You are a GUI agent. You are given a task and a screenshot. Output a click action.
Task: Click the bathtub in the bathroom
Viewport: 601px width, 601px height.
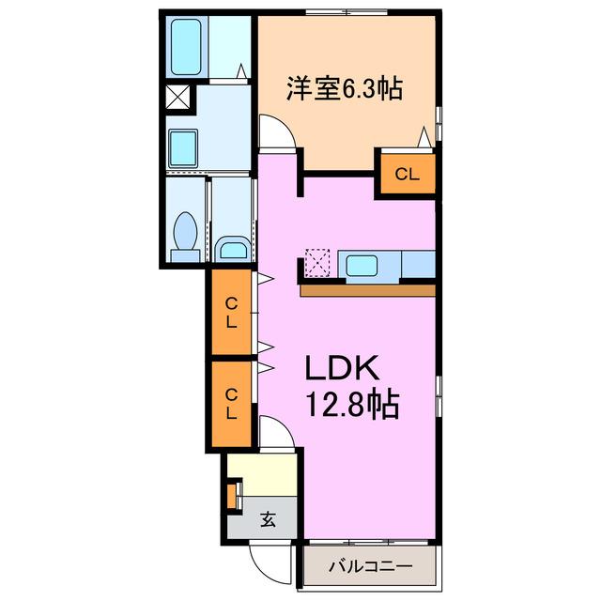click(186, 47)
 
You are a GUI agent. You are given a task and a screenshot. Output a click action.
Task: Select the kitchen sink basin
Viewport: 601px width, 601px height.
click(362, 266)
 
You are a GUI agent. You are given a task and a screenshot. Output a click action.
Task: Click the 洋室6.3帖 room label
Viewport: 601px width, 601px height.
click(345, 89)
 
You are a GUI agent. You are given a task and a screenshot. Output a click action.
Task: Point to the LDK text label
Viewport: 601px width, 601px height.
click(342, 368)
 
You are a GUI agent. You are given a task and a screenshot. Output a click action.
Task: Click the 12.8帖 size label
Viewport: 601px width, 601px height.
click(352, 405)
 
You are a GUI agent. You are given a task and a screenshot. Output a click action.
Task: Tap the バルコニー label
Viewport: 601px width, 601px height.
click(370, 566)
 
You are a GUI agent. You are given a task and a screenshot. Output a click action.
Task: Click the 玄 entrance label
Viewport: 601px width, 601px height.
click(268, 519)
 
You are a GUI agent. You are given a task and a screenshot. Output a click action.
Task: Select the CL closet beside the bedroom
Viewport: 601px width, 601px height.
click(408, 175)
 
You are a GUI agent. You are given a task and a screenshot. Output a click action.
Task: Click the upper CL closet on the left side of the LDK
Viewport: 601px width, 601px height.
click(232, 313)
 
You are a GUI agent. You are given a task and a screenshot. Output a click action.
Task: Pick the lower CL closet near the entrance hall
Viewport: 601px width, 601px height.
click(232, 404)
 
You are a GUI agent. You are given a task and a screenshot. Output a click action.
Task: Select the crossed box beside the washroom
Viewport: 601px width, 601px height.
click(177, 97)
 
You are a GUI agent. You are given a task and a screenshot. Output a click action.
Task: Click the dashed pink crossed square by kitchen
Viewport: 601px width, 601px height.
click(317, 263)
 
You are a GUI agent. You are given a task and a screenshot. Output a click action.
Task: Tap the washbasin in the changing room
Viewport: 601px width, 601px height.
click(183, 147)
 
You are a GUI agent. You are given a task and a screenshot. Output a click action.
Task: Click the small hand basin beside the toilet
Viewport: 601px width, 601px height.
click(233, 249)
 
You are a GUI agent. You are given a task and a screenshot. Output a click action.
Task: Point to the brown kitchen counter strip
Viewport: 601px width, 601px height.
click(368, 290)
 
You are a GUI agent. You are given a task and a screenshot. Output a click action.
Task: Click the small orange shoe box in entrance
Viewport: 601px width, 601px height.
click(232, 497)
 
